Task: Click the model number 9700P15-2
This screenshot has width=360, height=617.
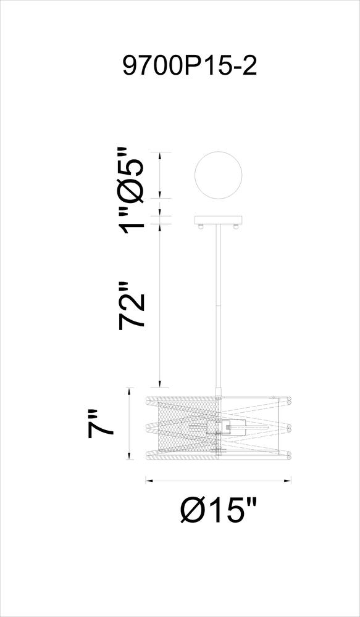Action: pos(190,66)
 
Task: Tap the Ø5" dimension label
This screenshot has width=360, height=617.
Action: pos(132,174)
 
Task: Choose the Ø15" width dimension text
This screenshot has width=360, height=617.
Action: pos(219,510)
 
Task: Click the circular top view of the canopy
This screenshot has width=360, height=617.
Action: pos(219,175)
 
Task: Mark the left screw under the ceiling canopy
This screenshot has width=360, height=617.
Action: pos(201,226)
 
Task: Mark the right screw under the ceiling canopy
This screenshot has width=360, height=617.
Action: pos(236,226)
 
